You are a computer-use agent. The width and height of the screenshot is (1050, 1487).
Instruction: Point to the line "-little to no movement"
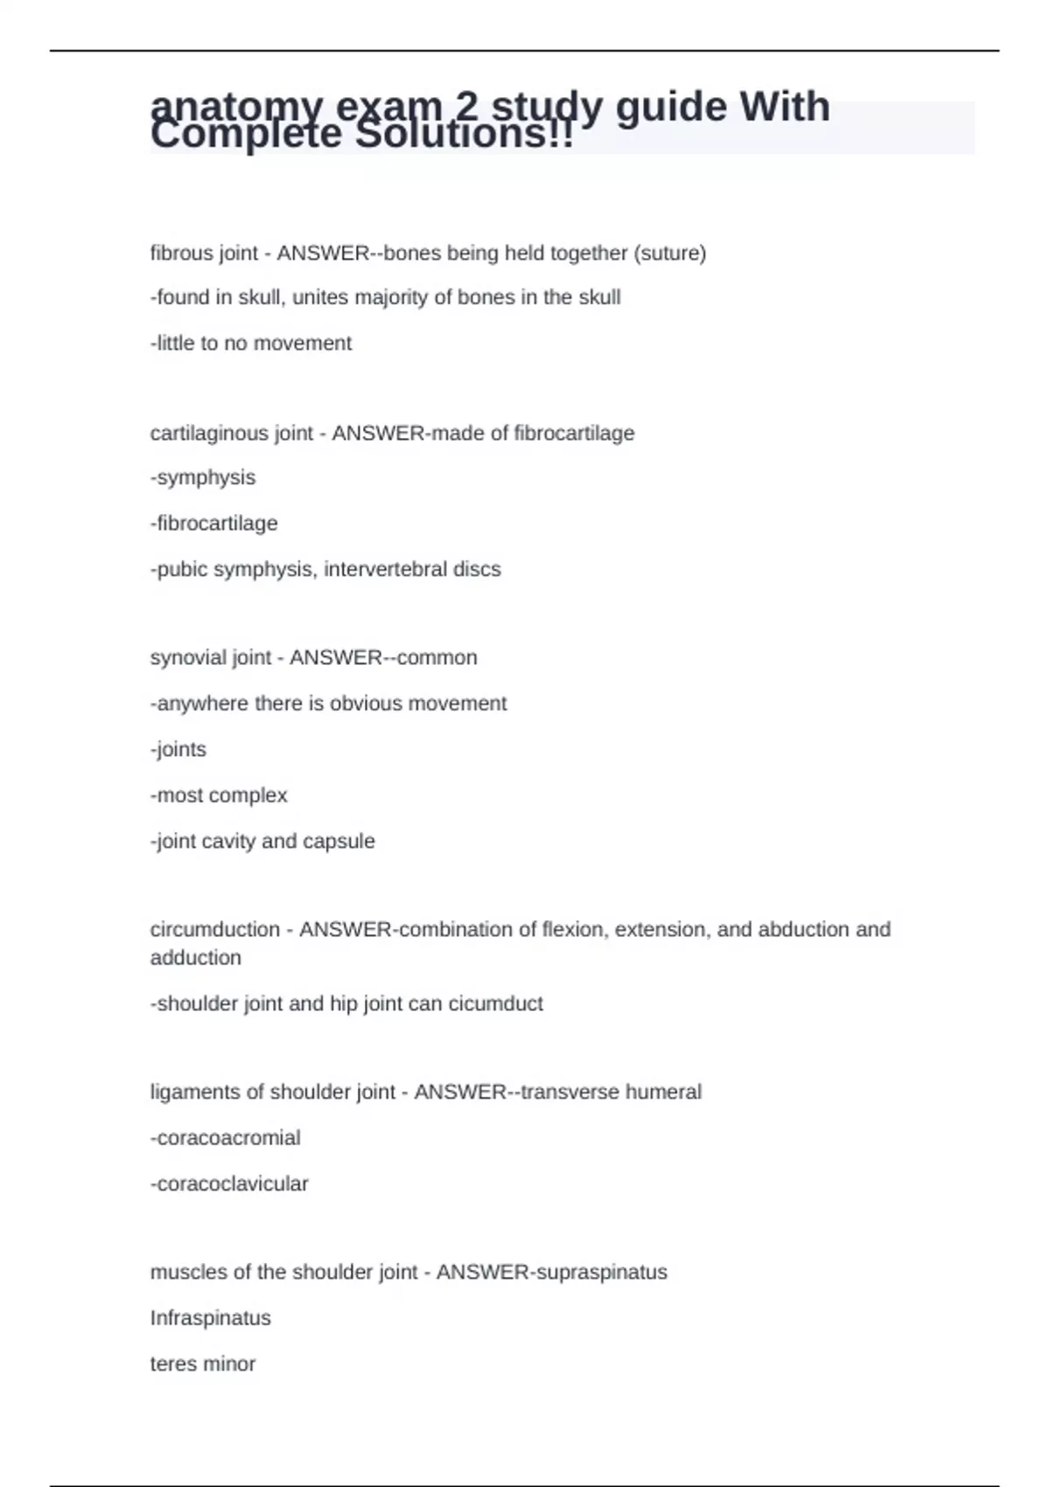tap(251, 343)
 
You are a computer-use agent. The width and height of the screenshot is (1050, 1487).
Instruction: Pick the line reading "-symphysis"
tap(203, 478)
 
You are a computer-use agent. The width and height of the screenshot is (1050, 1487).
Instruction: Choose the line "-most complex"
tap(219, 795)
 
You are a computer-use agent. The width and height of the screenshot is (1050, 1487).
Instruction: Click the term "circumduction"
tap(215, 929)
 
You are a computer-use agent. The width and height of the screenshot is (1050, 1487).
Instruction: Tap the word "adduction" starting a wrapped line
tap(196, 958)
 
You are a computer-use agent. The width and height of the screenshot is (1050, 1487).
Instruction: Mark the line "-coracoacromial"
tap(226, 1138)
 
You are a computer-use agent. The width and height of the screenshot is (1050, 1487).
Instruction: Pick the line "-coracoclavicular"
tap(229, 1183)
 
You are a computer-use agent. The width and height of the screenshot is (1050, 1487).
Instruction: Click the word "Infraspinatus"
tap(211, 1318)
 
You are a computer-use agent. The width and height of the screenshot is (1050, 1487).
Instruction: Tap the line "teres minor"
tap(203, 1364)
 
